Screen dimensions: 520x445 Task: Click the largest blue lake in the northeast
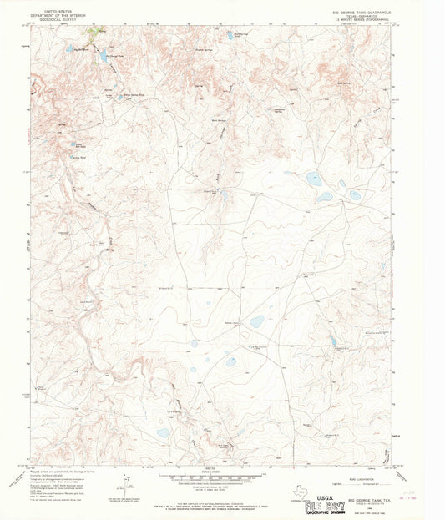pos(313,178)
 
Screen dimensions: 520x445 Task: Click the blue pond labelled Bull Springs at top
pos(229,36)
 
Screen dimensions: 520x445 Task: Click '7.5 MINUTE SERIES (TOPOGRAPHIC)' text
pos(368,22)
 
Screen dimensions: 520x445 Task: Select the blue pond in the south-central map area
pos(230,361)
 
